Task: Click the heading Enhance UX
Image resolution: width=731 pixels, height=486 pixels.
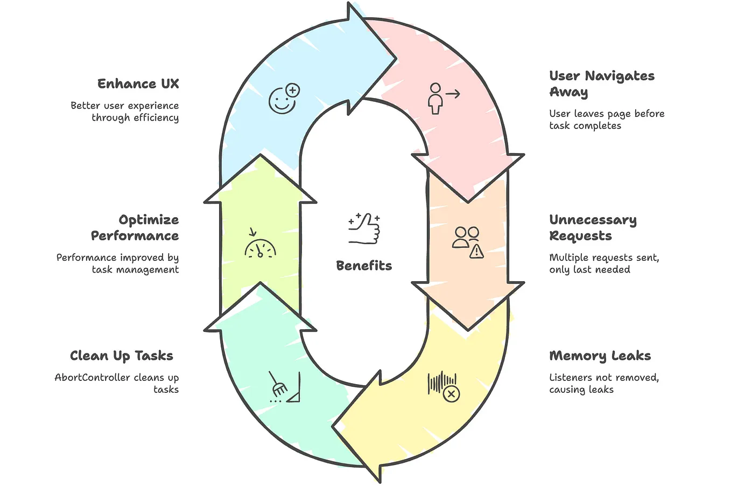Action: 138,84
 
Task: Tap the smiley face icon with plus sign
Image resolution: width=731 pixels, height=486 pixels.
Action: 284,99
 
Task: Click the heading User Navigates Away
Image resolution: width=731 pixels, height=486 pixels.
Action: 601,84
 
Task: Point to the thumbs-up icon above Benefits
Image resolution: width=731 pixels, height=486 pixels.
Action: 364,228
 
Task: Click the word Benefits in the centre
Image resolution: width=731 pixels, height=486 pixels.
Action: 364,266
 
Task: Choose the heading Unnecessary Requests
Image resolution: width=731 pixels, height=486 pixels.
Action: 592,228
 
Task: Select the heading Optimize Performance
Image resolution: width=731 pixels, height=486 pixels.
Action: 135,228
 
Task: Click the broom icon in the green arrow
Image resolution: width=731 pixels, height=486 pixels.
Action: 283,387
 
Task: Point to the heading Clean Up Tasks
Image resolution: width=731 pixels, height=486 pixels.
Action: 121,356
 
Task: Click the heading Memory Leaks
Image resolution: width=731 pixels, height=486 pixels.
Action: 600,356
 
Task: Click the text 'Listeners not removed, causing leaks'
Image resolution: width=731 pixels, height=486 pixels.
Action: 603,384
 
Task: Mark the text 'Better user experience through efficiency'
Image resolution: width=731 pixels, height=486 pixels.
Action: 125,112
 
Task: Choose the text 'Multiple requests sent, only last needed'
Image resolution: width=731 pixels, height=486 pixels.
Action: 603,263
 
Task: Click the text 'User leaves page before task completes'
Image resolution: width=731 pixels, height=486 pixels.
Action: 606,120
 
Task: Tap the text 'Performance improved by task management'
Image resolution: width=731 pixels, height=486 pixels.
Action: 118,263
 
